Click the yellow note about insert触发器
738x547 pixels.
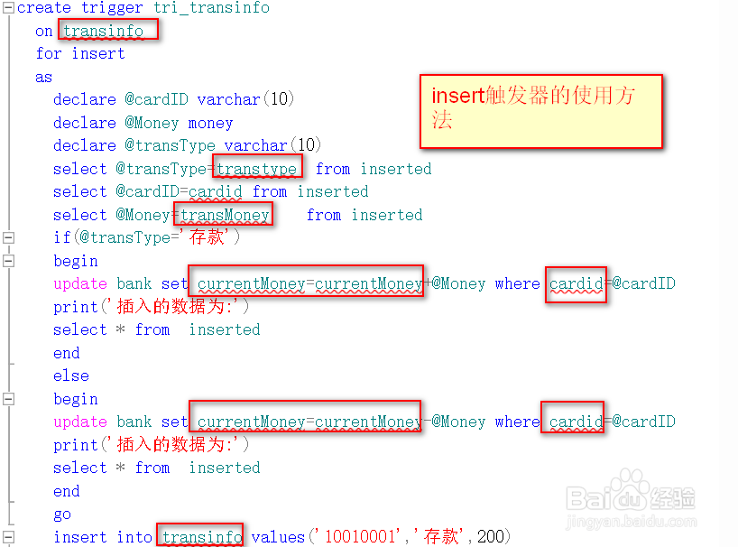(x=541, y=110)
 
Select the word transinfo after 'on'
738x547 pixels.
(x=104, y=31)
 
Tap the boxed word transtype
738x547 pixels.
(x=257, y=169)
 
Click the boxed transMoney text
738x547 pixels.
(x=225, y=215)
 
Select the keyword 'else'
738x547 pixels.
(x=71, y=375)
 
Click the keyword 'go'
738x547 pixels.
(x=62, y=514)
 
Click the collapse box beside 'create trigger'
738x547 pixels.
(x=8, y=8)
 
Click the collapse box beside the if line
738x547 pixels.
(x=8, y=237)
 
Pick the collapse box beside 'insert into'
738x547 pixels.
(x=8, y=537)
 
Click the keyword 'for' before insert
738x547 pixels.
(x=49, y=53)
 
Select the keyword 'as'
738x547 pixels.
(x=44, y=77)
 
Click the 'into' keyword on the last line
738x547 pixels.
(x=134, y=537)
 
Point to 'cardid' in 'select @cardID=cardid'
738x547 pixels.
(x=216, y=191)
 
